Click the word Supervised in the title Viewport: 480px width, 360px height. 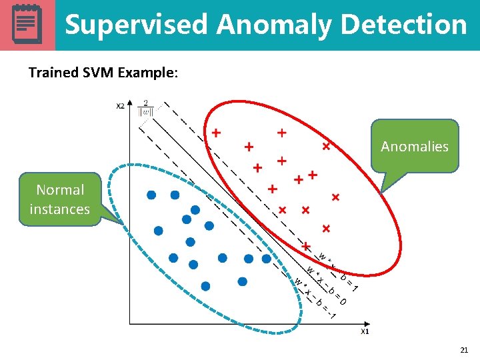pos(136,25)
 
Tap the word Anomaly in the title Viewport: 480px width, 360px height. pos(274,25)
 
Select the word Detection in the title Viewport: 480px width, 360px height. pos(403,25)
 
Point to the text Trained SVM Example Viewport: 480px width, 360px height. pos(103,72)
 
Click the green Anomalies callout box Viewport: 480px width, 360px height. pos(415,146)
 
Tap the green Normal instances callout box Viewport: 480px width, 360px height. pos(59,199)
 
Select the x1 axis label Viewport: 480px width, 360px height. pos(365,331)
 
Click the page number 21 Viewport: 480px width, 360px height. pos(464,349)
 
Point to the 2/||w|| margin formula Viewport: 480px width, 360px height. pos(145,108)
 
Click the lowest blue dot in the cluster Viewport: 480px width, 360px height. pos(205,286)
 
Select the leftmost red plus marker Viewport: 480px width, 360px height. pos(216,133)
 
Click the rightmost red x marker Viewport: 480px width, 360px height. pos(335,197)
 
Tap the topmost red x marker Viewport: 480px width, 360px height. pos(327,145)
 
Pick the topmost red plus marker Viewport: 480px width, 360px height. pos(282,133)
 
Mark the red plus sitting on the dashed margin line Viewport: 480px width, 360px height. pos(306,247)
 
